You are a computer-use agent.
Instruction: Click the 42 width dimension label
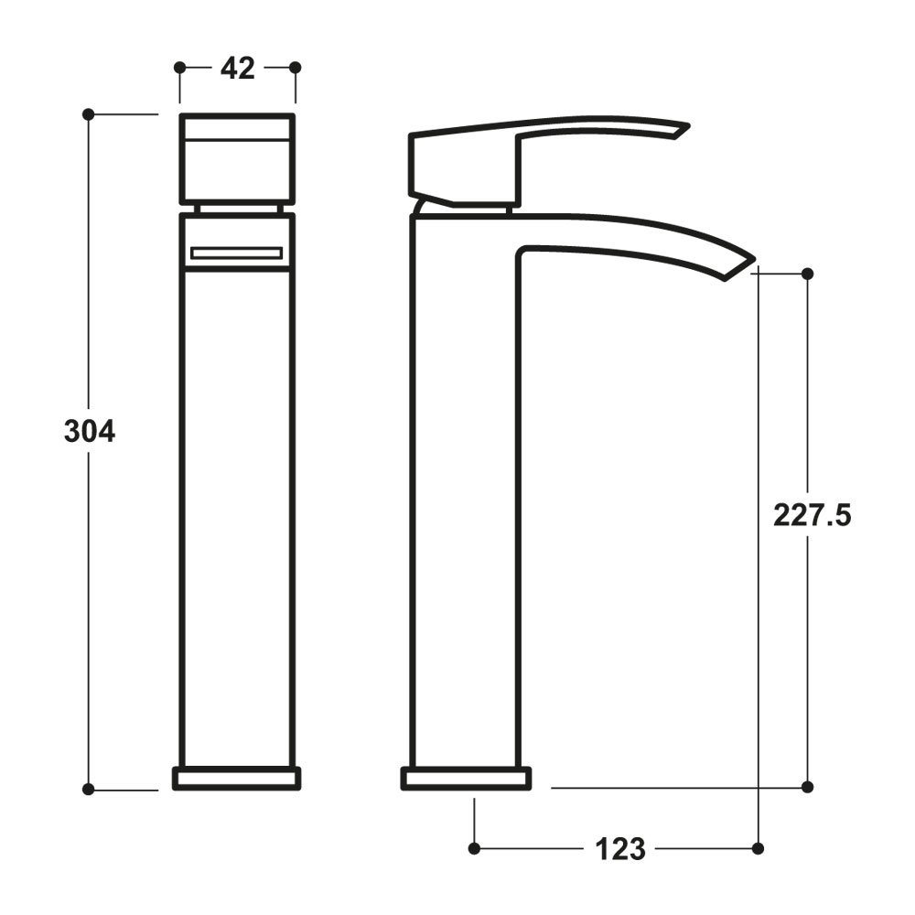[237, 68]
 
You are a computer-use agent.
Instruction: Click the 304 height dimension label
[90, 431]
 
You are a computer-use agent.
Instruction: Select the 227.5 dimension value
[813, 516]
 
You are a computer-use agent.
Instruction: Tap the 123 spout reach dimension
[620, 849]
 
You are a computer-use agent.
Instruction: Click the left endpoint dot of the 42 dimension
[179, 67]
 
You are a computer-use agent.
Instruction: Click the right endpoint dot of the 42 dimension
[295, 67]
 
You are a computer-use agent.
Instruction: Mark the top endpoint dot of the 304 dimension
[89, 114]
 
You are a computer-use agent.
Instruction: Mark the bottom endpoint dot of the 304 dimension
[89, 789]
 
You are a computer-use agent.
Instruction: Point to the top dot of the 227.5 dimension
[807, 274]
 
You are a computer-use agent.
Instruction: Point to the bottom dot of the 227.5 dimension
[807, 786]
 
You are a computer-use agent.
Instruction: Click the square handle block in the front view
[237, 157]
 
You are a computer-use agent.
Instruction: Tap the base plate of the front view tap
[237, 778]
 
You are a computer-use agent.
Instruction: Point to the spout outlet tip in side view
[739, 267]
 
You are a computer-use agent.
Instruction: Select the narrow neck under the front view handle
[237, 209]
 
